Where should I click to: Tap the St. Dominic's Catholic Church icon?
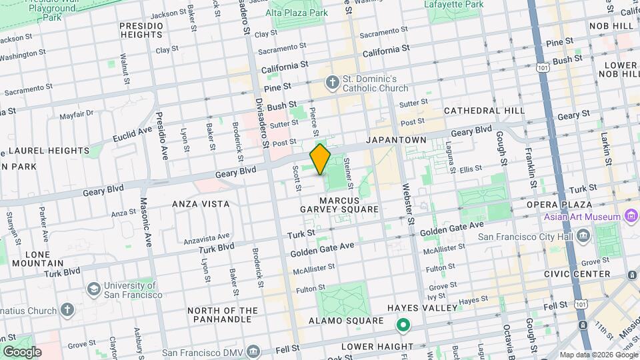pyautogui.click(x=332, y=83)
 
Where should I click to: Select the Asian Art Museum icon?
pyautogui.click(x=630, y=216)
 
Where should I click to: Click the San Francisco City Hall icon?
pyautogui.click(x=583, y=235)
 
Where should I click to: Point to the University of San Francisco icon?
pyautogui.click(x=94, y=289)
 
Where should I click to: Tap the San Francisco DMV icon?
pyautogui.click(x=253, y=351)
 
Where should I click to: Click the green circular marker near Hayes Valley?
pyautogui.click(x=403, y=326)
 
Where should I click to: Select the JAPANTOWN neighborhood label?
pyautogui.click(x=395, y=140)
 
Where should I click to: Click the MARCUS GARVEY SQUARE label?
pyautogui.click(x=349, y=205)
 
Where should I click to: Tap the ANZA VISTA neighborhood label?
pyautogui.click(x=201, y=204)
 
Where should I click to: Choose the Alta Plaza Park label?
pyautogui.click(x=297, y=13)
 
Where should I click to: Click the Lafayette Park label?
pyautogui.click(x=453, y=4)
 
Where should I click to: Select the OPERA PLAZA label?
pyautogui.click(x=559, y=204)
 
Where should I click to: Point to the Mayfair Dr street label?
pyautogui.click(x=77, y=115)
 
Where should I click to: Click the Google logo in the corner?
pyautogui.click(x=21, y=351)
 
